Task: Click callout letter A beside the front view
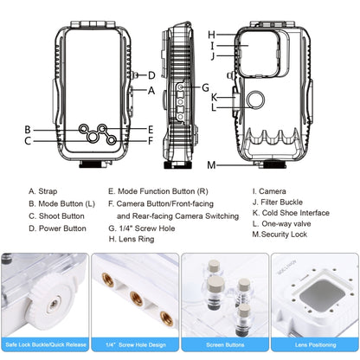click(x=151, y=90)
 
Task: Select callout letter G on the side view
click(x=205, y=87)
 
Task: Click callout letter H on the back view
click(x=210, y=35)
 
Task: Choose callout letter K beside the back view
click(x=213, y=96)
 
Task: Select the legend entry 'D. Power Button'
click(x=57, y=228)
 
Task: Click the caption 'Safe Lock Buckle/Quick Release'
click(x=46, y=346)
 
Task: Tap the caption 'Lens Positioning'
click(x=313, y=346)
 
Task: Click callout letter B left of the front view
click(x=28, y=129)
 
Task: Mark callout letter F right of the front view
click(x=151, y=140)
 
